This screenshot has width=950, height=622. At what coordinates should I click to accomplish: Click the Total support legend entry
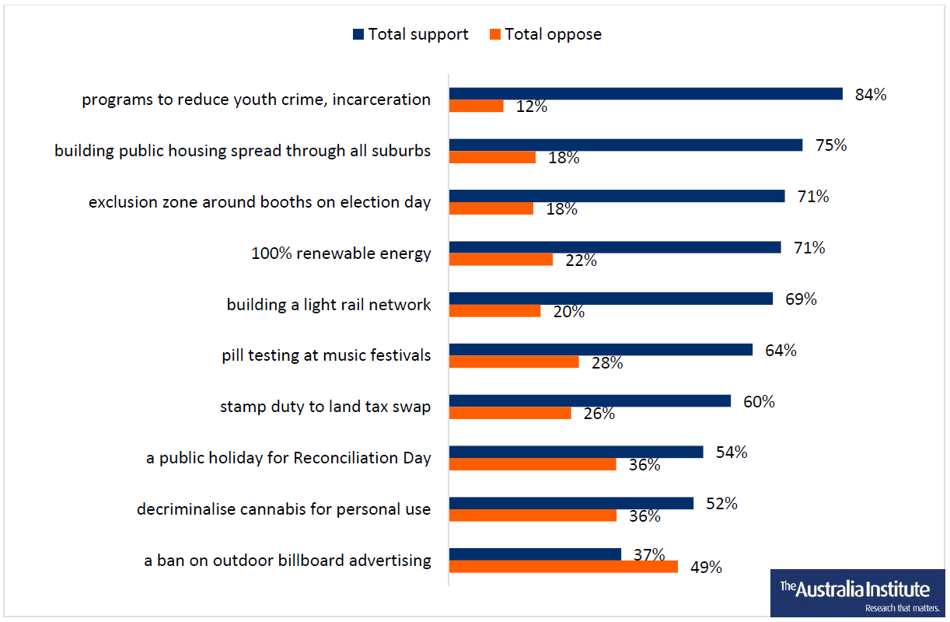pos(410,34)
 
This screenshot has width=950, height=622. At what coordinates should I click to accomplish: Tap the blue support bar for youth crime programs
pos(645,94)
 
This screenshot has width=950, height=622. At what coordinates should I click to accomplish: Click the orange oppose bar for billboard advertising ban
pos(563,567)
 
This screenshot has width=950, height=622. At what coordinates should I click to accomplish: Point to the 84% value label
pos(871,95)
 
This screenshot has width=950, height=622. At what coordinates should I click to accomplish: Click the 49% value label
pos(706,568)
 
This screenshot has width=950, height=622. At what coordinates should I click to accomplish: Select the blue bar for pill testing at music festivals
pos(600,350)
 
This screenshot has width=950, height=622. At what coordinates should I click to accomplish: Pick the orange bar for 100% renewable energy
pos(501,260)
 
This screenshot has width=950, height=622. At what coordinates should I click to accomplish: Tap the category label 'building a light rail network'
pos(328,305)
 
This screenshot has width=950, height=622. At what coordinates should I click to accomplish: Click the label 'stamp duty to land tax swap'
pos(325,407)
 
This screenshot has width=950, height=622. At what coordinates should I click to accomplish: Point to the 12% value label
pos(532,107)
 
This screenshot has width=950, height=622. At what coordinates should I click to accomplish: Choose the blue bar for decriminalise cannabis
pos(571,503)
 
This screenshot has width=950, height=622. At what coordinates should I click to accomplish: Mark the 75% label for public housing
pos(830,145)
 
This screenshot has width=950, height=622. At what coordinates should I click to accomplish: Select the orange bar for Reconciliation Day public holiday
pos(533,464)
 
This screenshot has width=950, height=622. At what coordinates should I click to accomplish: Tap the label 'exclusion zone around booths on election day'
pos(260,202)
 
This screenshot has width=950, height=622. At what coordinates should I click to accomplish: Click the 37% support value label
pos(649,554)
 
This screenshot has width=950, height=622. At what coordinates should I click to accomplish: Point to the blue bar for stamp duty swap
pos(589,401)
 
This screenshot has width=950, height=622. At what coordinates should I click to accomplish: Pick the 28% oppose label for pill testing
pos(606,363)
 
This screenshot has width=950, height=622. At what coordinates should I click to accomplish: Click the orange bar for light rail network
pos(494,311)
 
